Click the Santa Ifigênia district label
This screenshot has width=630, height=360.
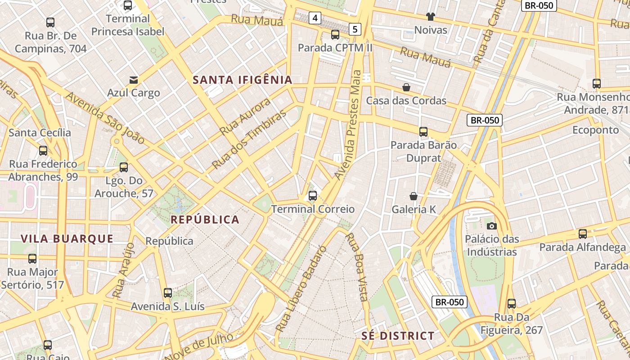[x=243, y=80]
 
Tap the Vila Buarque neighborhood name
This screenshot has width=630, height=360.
[x=67, y=238]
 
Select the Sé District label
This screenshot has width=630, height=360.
[x=398, y=336]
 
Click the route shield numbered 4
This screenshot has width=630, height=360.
[x=315, y=18]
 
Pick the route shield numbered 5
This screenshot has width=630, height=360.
[x=355, y=30]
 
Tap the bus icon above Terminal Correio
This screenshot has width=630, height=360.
[x=313, y=196]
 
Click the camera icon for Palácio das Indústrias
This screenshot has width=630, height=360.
[x=492, y=226]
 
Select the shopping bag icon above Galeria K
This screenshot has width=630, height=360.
[x=414, y=196]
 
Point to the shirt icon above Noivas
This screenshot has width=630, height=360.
[x=431, y=17]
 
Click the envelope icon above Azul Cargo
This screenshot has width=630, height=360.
[x=134, y=80]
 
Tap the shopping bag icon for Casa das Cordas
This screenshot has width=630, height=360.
[x=406, y=87]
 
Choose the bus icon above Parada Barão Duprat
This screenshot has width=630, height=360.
[x=423, y=132]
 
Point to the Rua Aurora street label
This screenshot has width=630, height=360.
[x=245, y=117]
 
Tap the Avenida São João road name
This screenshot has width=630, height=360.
[x=105, y=118]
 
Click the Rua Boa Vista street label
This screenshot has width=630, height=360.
[x=358, y=266]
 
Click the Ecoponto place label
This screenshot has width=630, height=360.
[x=595, y=130]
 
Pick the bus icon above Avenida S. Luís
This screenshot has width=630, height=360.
[x=168, y=293]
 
